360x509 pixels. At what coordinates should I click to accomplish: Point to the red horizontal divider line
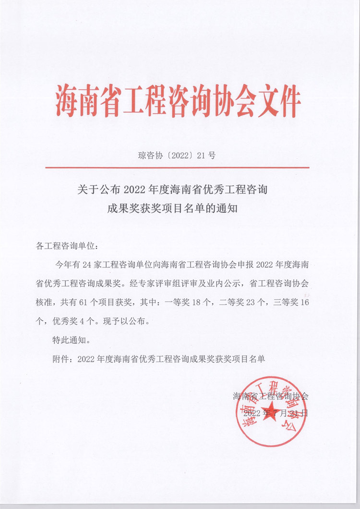click(178, 167)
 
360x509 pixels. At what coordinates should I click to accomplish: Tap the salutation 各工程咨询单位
click(67, 246)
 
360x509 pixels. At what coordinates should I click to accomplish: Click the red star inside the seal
click(272, 419)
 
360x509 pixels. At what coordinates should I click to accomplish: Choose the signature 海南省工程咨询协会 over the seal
click(271, 397)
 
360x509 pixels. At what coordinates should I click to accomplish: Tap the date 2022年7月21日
click(275, 413)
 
